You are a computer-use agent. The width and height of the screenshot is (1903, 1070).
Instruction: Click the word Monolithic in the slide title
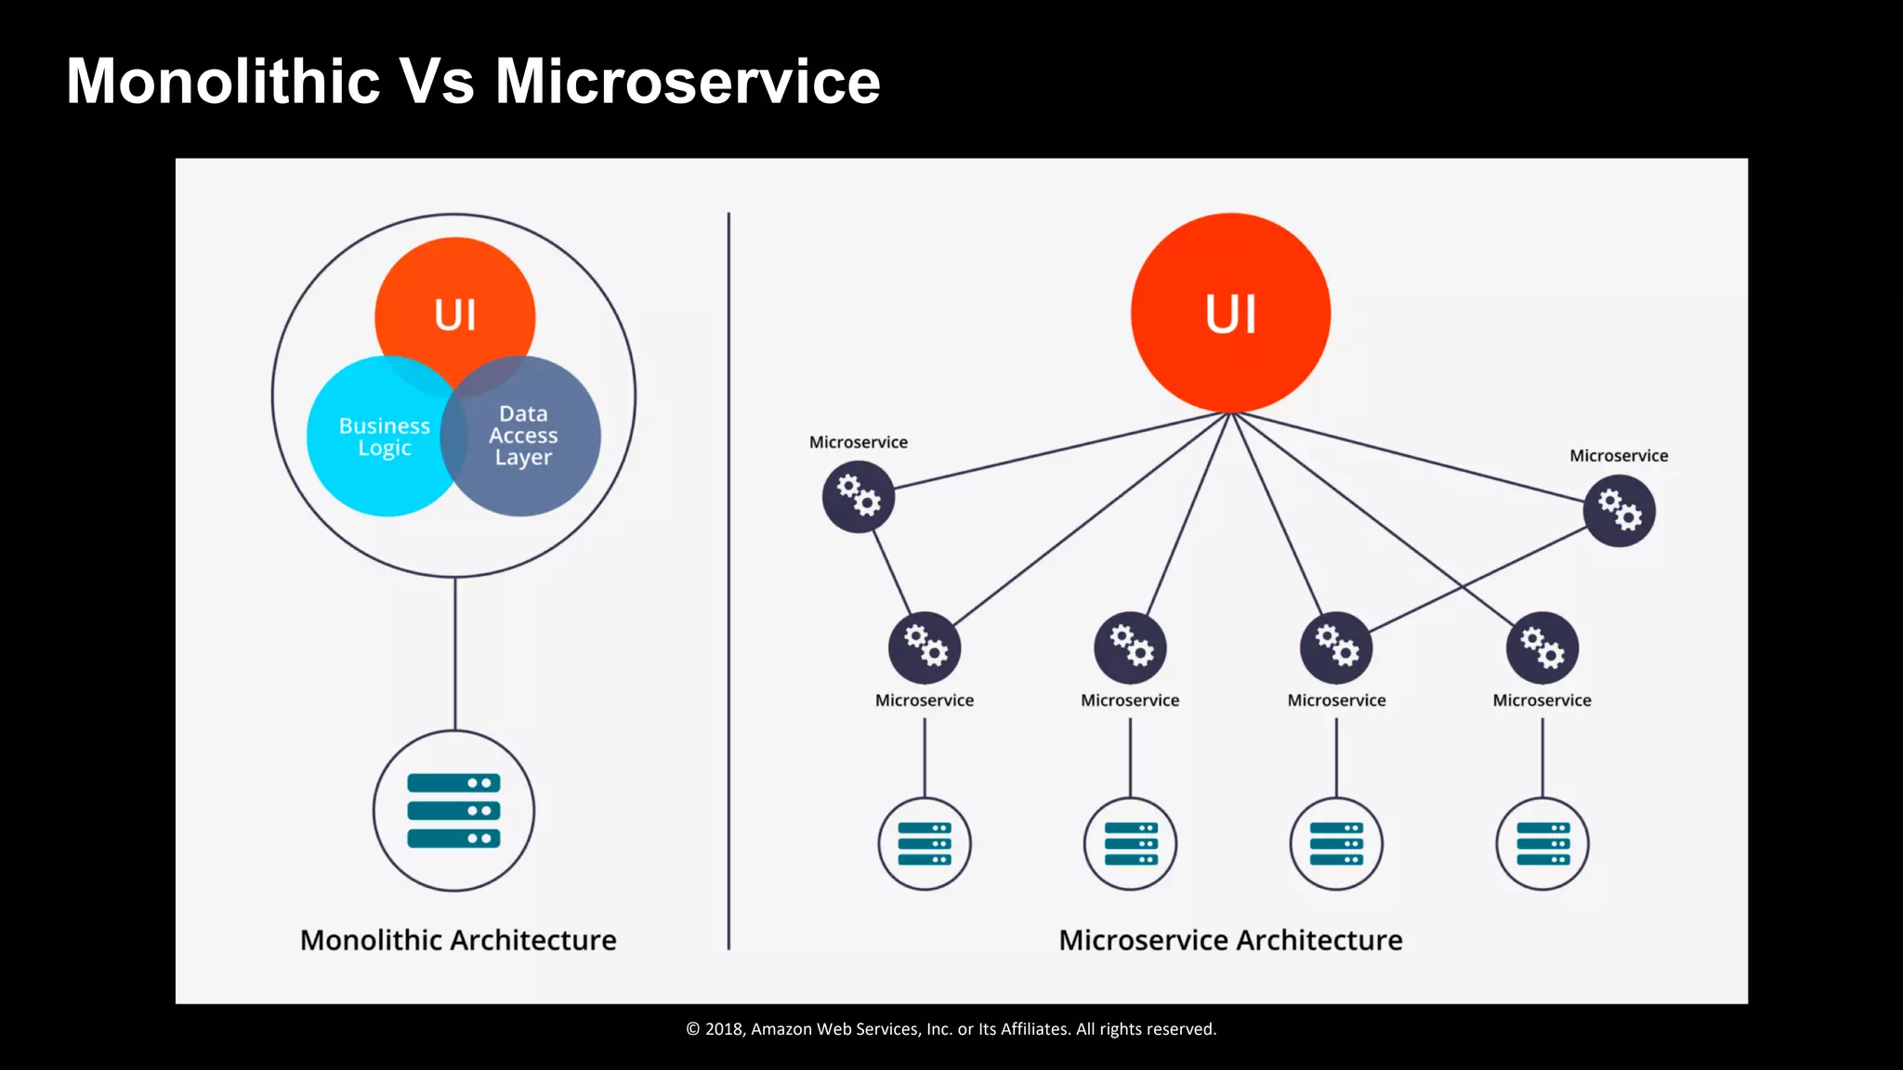[x=223, y=82]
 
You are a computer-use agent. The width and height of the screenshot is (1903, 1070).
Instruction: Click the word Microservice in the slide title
[x=687, y=82]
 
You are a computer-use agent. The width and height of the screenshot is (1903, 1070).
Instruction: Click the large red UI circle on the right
[x=1230, y=313]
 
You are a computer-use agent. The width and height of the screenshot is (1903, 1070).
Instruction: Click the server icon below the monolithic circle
[x=453, y=811]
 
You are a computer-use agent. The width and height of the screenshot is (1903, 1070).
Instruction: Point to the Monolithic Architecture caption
[x=458, y=940]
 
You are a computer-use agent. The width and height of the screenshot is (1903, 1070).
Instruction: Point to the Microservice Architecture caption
[x=1230, y=940]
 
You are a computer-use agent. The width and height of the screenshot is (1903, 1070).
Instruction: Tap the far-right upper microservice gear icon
[x=1619, y=511]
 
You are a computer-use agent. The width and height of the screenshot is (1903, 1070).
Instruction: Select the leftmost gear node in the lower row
[x=925, y=646]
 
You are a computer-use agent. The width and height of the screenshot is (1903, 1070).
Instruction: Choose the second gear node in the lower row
[x=1130, y=646]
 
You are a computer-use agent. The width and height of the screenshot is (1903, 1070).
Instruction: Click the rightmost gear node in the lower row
[x=1542, y=646]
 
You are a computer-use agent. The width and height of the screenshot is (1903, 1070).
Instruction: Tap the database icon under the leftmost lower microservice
[x=925, y=843]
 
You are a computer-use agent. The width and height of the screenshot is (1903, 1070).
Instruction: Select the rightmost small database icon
[x=1542, y=843]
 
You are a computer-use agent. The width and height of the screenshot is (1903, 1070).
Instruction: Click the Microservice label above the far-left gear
[x=858, y=442]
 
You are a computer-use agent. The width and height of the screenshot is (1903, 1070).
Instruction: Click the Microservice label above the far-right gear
[x=1619, y=455]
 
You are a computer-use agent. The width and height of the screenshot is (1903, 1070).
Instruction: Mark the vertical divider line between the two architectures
[x=728, y=576]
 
